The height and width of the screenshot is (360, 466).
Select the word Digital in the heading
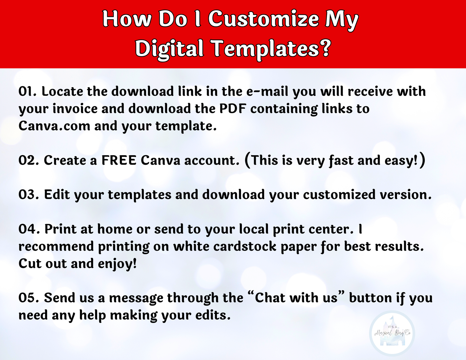(x=169, y=50)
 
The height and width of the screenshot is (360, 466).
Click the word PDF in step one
(x=233, y=109)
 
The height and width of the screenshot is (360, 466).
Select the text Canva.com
(x=54, y=126)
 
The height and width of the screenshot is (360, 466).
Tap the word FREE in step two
(x=119, y=160)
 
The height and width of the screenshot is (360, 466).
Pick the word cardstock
(x=245, y=246)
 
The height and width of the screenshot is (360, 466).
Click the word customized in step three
(x=339, y=195)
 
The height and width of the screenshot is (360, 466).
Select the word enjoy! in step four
(x=117, y=264)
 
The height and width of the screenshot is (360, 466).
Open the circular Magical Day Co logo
(x=392, y=334)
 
